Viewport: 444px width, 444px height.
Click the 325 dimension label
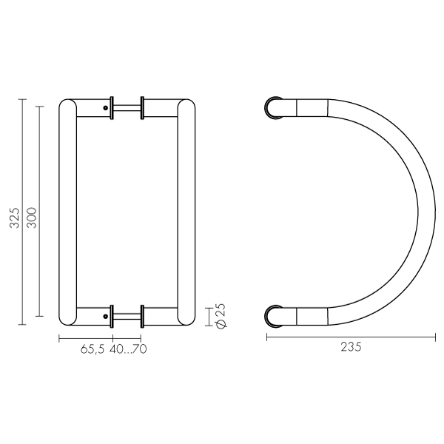tap(14, 218)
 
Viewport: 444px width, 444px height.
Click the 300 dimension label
tap(31, 218)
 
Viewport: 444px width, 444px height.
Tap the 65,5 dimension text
tap(92, 349)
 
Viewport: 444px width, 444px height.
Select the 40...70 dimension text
tap(128, 349)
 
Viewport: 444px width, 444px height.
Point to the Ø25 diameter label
tap(221, 316)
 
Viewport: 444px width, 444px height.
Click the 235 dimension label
tap(351, 347)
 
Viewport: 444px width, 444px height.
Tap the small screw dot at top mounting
tap(106, 108)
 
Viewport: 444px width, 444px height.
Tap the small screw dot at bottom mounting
tap(106, 316)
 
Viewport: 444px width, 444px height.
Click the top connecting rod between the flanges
tap(127, 108)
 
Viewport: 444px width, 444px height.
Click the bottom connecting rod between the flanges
tap(127, 316)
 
